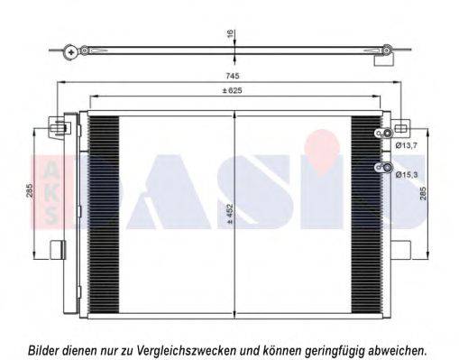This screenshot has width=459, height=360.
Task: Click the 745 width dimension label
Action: point(233,76)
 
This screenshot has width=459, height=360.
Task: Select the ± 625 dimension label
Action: point(232,90)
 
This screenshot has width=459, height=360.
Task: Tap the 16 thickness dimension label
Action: point(230,33)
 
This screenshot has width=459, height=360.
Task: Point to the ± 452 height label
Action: point(230,214)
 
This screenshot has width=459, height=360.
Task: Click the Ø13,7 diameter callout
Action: point(407,145)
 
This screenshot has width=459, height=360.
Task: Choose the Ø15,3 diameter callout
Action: point(407,174)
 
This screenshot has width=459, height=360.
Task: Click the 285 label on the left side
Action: point(30,190)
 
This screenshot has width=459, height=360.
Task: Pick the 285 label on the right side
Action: point(423,194)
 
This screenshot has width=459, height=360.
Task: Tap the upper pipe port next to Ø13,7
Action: point(388,134)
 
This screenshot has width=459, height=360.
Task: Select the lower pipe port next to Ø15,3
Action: point(388,168)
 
